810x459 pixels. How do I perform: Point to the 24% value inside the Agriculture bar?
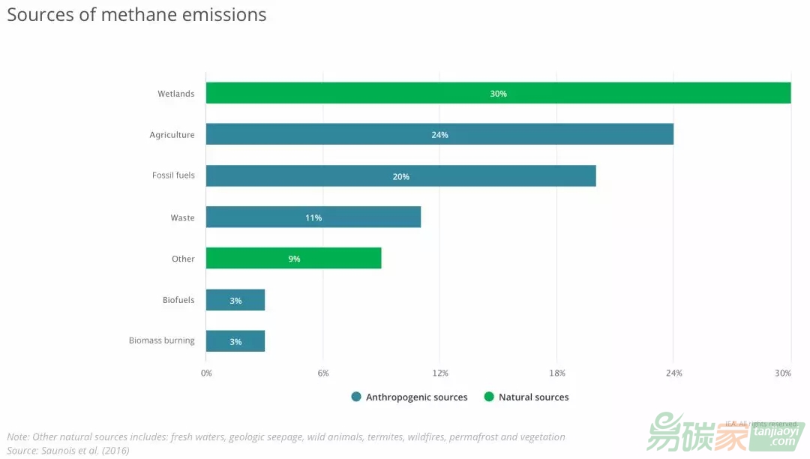439,135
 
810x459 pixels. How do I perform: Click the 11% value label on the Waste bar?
313,217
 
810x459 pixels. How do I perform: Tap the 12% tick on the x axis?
440,373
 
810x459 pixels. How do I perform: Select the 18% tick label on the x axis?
557,373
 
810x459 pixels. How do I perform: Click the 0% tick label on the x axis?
207,373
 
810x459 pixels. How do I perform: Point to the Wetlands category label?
175,94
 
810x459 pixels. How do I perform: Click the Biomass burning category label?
161,340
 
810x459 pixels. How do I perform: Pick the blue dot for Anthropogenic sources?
356,397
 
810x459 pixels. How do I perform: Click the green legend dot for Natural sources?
489,397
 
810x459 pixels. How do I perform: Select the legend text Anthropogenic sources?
416,397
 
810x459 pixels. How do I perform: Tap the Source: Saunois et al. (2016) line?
68,450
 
